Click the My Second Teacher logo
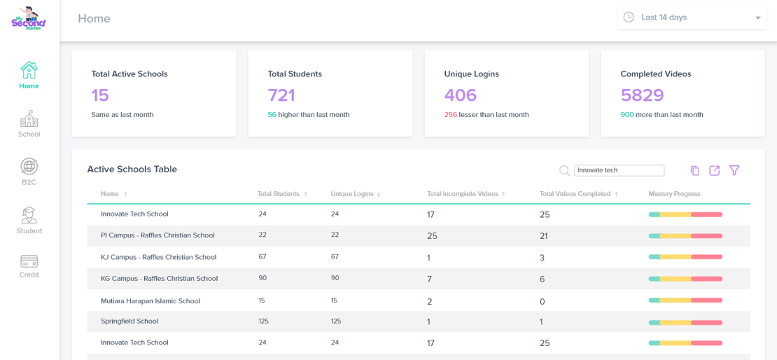coord(29,18)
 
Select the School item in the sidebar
coord(29,124)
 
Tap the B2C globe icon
coord(29,167)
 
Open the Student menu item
coord(29,221)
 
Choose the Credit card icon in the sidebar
coord(29,261)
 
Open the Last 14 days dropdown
coord(692,18)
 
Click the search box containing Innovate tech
coord(619,170)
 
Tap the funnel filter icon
coord(734,170)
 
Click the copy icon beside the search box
coord(694,170)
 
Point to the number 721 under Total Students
coord(281,95)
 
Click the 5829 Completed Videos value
coord(642,95)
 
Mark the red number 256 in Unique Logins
coord(450,115)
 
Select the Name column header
coord(110,194)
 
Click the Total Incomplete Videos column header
coord(463,194)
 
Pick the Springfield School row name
coord(129,321)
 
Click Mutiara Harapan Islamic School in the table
coord(150,301)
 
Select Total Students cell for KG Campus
coord(262,278)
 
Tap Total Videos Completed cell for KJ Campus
coord(542,258)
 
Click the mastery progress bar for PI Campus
coord(685,236)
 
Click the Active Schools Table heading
coord(132,169)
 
